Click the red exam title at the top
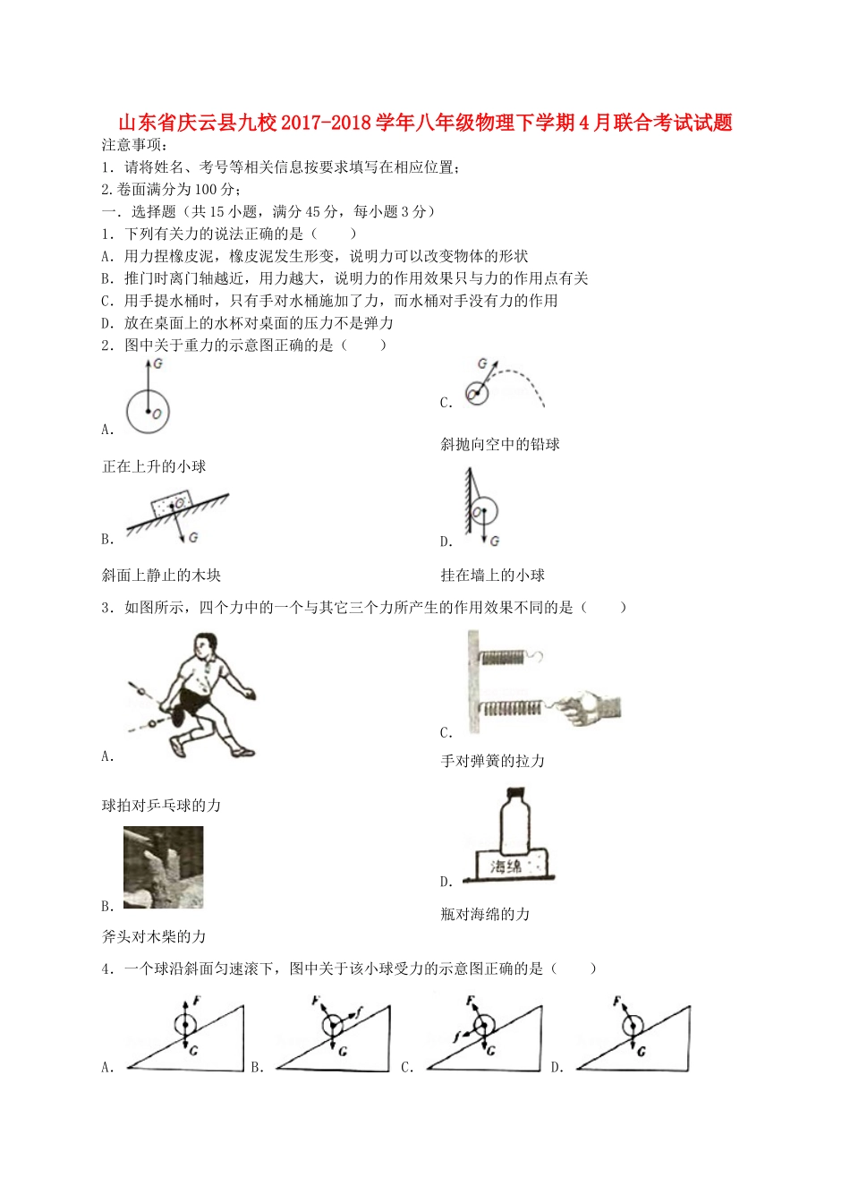coord(425,123)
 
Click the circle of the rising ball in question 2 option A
coord(148,411)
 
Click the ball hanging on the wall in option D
coord(484,513)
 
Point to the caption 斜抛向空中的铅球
coord(499,444)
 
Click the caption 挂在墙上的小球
coord(492,575)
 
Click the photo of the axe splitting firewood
coord(164,866)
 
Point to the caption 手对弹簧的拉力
coord(492,760)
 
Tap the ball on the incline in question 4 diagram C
coord(483,1025)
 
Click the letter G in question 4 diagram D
coord(642,1051)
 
